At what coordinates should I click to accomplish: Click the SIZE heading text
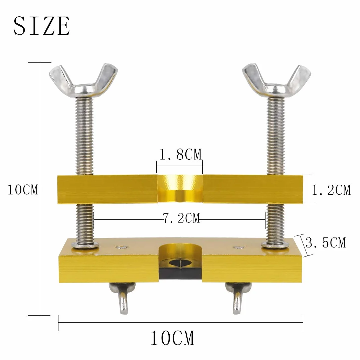point(42,26)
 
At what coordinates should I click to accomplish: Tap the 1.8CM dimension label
point(180,154)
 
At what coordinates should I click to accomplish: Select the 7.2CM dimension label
point(181,218)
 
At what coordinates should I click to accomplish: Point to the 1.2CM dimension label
point(331,190)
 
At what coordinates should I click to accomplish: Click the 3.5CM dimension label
point(326,243)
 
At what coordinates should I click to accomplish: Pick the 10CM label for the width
point(172,338)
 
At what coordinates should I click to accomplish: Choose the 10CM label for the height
point(23,190)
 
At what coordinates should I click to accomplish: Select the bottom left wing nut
point(122,297)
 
